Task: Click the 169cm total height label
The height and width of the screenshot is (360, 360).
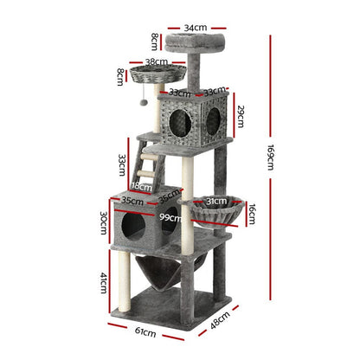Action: tap(270, 157)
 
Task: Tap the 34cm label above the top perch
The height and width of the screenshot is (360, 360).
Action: tap(196, 28)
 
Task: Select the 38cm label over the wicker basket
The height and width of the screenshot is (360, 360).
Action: tap(157, 61)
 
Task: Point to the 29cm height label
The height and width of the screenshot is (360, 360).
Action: tap(241, 116)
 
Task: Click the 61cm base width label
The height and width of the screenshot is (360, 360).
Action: tap(145, 332)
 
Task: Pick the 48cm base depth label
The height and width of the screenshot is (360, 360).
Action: tap(221, 320)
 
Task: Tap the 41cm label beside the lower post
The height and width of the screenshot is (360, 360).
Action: tap(104, 283)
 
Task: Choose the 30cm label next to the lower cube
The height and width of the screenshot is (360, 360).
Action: tap(103, 222)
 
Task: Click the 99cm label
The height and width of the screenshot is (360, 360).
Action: tap(170, 218)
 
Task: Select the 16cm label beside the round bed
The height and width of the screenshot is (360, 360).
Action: tap(252, 214)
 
